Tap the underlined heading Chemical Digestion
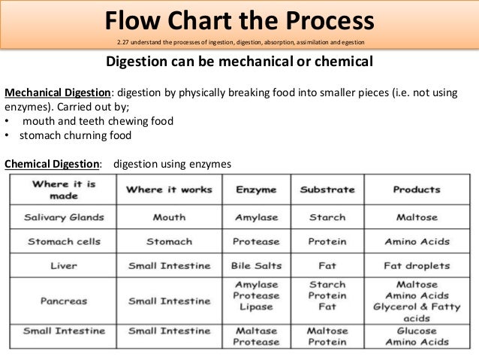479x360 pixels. click(x=53, y=164)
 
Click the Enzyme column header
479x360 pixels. click(x=256, y=190)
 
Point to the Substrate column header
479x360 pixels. click(x=327, y=190)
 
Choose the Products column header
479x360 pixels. click(x=416, y=190)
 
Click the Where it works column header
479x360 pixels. click(x=169, y=190)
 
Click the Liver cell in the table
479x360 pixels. click(x=63, y=266)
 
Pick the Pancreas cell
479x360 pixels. click(x=63, y=301)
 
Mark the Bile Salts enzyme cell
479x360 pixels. click(x=256, y=266)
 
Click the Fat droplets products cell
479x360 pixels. click(x=417, y=266)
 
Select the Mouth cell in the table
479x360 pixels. click(x=169, y=218)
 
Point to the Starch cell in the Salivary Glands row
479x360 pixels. click(x=327, y=218)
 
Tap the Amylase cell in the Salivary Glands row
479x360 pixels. click(x=256, y=218)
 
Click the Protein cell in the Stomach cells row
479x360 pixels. click(x=327, y=242)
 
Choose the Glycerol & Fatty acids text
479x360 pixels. click(x=417, y=312)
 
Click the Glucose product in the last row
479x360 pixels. click(x=417, y=331)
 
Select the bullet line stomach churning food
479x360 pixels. click(x=75, y=136)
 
